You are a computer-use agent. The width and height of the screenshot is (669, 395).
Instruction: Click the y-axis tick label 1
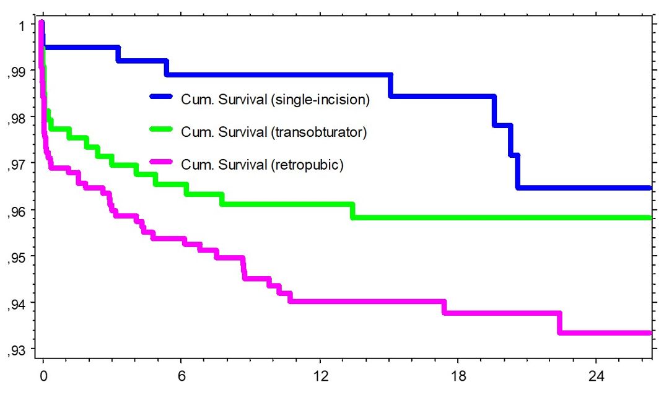click(x=22, y=26)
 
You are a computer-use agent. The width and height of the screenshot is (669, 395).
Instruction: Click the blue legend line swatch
click(x=162, y=97)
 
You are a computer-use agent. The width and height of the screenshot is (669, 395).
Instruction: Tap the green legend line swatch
click(x=162, y=131)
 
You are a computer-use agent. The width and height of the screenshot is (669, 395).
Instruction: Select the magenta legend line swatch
click(x=162, y=164)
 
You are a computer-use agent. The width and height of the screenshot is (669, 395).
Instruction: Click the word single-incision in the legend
click(x=320, y=100)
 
